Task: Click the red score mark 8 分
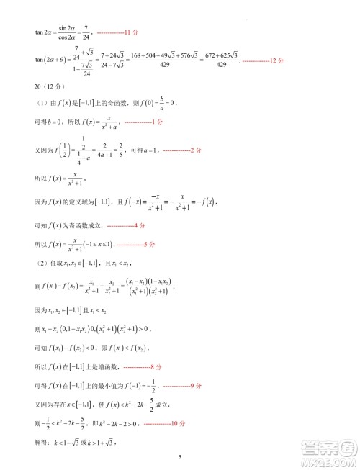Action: [148, 366]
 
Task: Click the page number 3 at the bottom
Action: [180, 456]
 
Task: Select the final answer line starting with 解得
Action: [76, 441]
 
